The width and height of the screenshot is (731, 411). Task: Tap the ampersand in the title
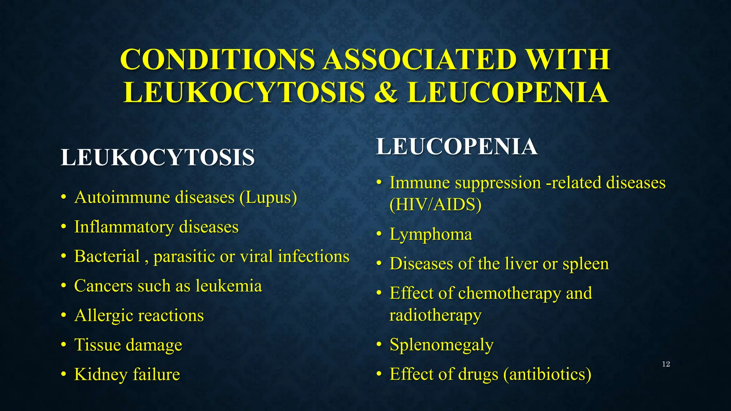385,92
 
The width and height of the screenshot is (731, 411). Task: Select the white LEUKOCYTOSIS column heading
158,157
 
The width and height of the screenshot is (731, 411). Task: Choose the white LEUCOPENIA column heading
457,147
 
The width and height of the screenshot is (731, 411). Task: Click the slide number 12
666,364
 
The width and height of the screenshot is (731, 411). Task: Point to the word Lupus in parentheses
268,198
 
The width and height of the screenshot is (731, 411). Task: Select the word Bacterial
107,257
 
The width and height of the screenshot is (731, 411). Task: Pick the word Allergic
103,316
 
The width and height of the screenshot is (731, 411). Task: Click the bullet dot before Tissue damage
64,345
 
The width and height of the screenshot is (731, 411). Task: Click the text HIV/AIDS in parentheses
436,205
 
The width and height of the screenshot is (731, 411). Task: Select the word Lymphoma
431,235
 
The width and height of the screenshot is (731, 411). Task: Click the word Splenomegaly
442,345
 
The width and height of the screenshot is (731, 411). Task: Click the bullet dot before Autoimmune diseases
64,197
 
